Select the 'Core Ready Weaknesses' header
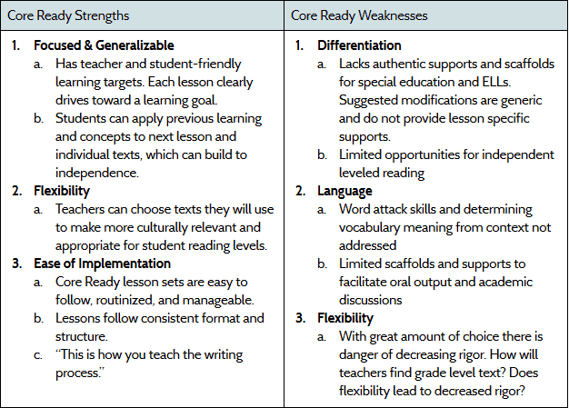(x=357, y=15)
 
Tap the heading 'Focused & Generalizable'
(x=104, y=45)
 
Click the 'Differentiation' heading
(x=359, y=45)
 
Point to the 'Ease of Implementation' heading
(x=102, y=264)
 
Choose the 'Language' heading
(x=344, y=191)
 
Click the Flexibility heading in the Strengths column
(x=62, y=191)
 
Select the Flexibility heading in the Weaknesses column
(x=345, y=318)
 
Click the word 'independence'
(x=97, y=173)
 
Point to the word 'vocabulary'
(x=371, y=227)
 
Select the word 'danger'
(x=360, y=354)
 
